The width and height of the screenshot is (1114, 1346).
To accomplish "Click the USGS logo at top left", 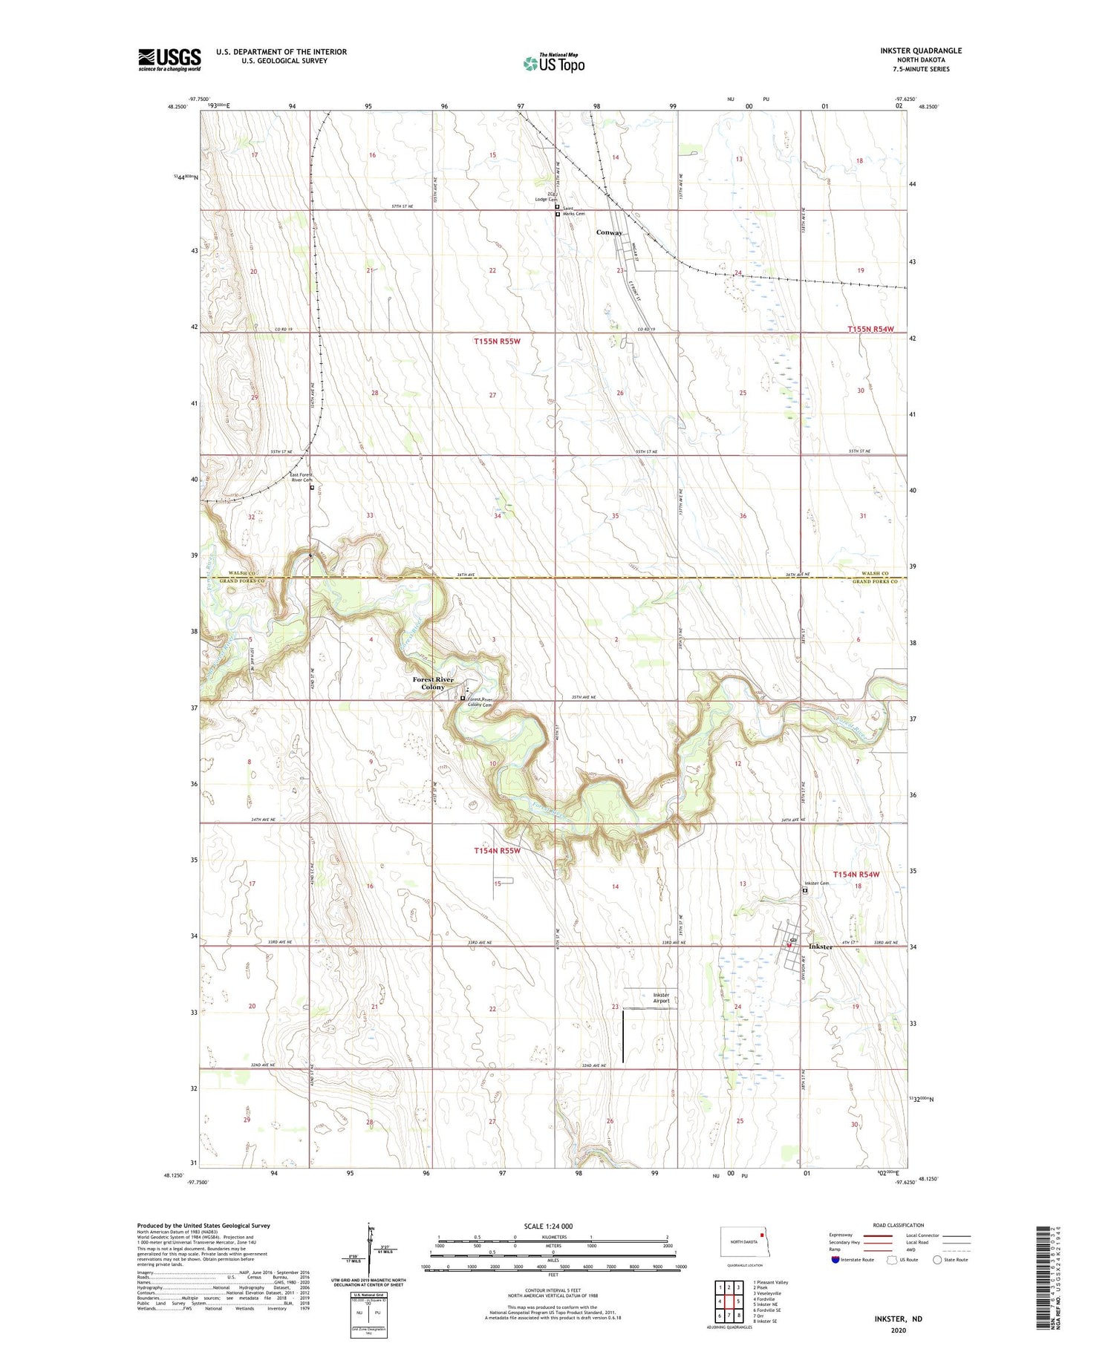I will pos(169,59).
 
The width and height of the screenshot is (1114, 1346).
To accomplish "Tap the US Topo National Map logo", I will pos(553,63).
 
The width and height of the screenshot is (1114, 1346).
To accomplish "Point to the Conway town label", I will pos(609,232).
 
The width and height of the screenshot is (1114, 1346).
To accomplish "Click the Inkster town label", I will pos(821,947).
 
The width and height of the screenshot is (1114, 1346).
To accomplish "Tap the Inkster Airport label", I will pos(661,997).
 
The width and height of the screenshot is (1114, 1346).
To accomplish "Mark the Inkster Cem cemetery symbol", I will pos(805,891).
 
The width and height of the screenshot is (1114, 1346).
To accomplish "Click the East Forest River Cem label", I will pos(302,477).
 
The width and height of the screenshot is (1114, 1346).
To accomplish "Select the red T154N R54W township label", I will pos(856,875).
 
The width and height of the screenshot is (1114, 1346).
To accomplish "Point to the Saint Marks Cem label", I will pos(573,211).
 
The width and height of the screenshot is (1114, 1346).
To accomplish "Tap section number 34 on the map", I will pos(497,515).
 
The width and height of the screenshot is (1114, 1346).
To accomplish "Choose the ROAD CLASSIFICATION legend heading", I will pos(899,1225).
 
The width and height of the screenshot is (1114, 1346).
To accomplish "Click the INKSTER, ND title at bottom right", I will pos(897,1319).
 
